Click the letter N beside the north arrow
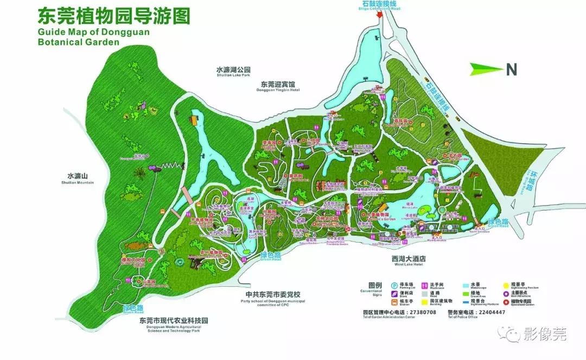pos(510,69)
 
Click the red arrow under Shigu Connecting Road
pos(380,14)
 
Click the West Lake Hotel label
pos(408,261)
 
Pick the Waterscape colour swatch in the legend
pos(465,284)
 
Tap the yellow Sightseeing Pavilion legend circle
pos(506,284)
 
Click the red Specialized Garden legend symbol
pos(506,301)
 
